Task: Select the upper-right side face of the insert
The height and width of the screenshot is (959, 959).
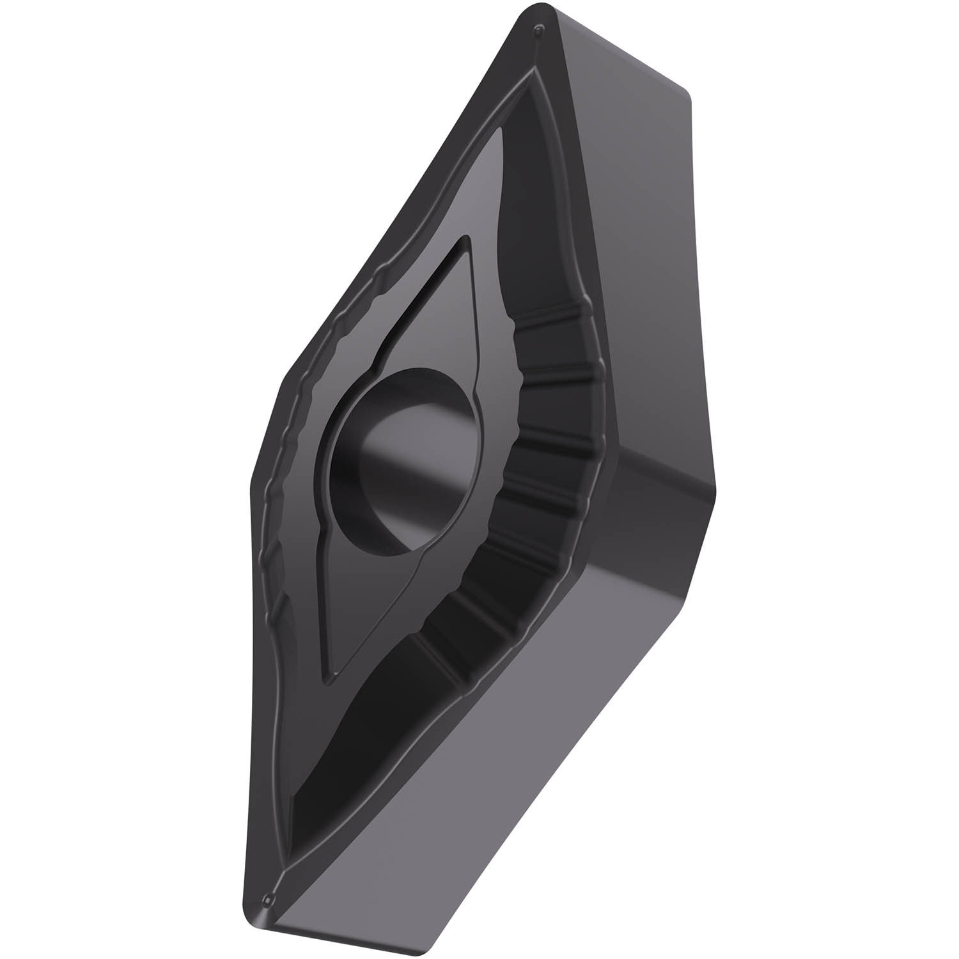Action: coord(633,256)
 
